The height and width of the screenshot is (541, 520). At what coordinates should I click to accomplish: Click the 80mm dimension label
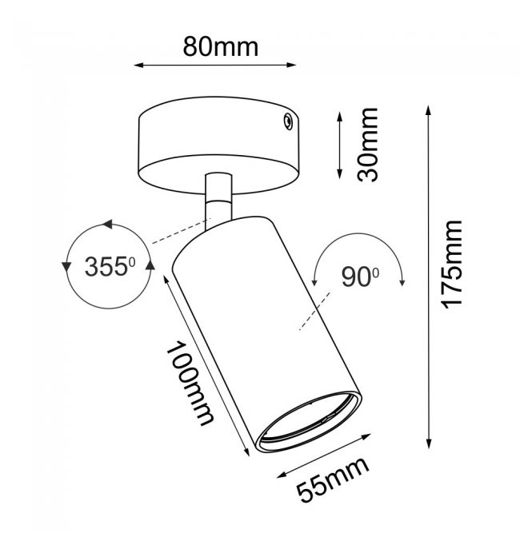[x=221, y=47]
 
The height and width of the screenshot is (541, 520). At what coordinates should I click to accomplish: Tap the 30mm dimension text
[x=368, y=145]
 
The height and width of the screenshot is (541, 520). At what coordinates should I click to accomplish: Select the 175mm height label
[x=452, y=264]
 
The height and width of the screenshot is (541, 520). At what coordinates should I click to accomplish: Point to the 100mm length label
[x=190, y=384]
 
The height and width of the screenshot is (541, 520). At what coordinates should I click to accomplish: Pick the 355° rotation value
[x=110, y=266]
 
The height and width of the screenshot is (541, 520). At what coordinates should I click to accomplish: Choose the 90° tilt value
[x=360, y=277]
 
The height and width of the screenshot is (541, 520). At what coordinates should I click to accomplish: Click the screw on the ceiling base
[x=287, y=121]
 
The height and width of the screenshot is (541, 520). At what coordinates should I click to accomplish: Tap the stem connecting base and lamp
[x=218, y=202]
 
